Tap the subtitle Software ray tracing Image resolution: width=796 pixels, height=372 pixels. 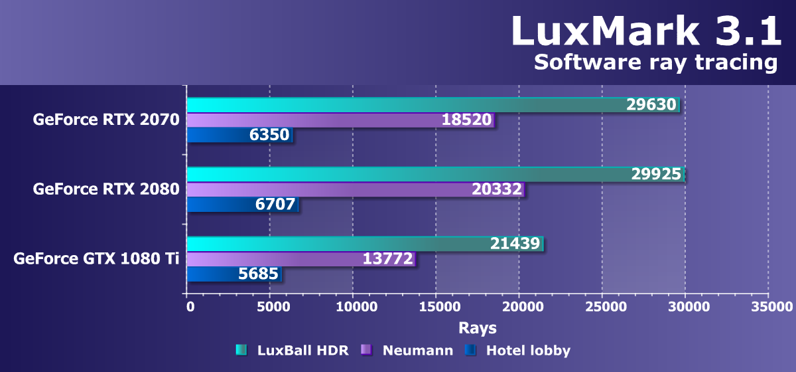pos(655,63)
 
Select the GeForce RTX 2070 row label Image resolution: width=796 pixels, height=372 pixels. pos(106,120)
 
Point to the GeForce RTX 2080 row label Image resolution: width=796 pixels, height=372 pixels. pos(106,189)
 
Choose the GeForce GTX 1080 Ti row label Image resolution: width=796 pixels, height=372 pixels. pos(97,258)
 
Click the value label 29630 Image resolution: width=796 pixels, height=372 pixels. pos(651,105)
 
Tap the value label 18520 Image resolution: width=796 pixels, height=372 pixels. pos(467,120)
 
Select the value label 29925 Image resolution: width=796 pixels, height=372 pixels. pos(657,174)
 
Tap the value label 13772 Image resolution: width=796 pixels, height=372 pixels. pos(388,258)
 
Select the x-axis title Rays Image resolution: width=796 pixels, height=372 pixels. pos(477,328)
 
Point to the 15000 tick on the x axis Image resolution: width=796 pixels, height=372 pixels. pos(436,308)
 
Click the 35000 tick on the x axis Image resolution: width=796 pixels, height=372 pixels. pos(769,308)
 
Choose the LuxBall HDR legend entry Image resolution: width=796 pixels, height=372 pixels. pos(293,350)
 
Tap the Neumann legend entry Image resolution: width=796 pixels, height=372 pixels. pos(407,350)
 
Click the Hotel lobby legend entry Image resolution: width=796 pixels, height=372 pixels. pos(518,350)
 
